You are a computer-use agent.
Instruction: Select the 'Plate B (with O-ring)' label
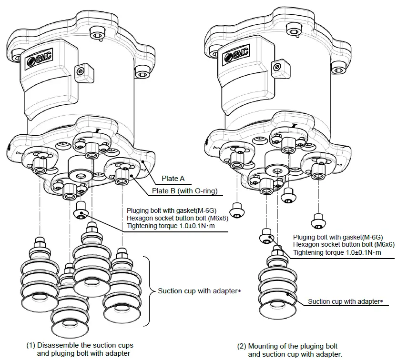pos(184,191)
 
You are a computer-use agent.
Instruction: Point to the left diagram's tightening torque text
pos(171,227)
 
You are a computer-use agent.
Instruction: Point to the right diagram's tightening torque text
pos(337,252)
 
